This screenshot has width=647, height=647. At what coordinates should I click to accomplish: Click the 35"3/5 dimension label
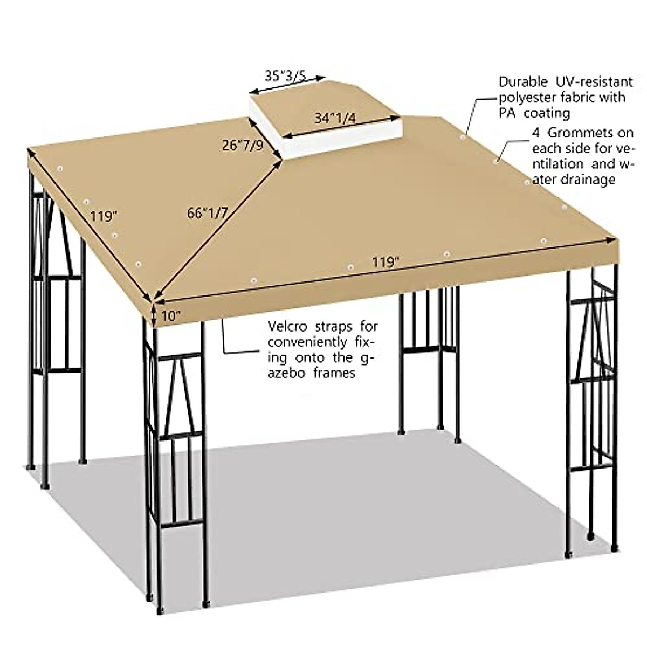[285, 75]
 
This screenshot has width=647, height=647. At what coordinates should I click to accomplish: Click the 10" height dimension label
[170, 316]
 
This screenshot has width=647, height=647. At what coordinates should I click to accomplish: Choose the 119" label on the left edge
[104, 216]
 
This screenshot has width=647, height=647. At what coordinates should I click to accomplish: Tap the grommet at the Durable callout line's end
[463, 138]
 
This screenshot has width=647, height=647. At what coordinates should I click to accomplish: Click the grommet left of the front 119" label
[351, 267]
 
